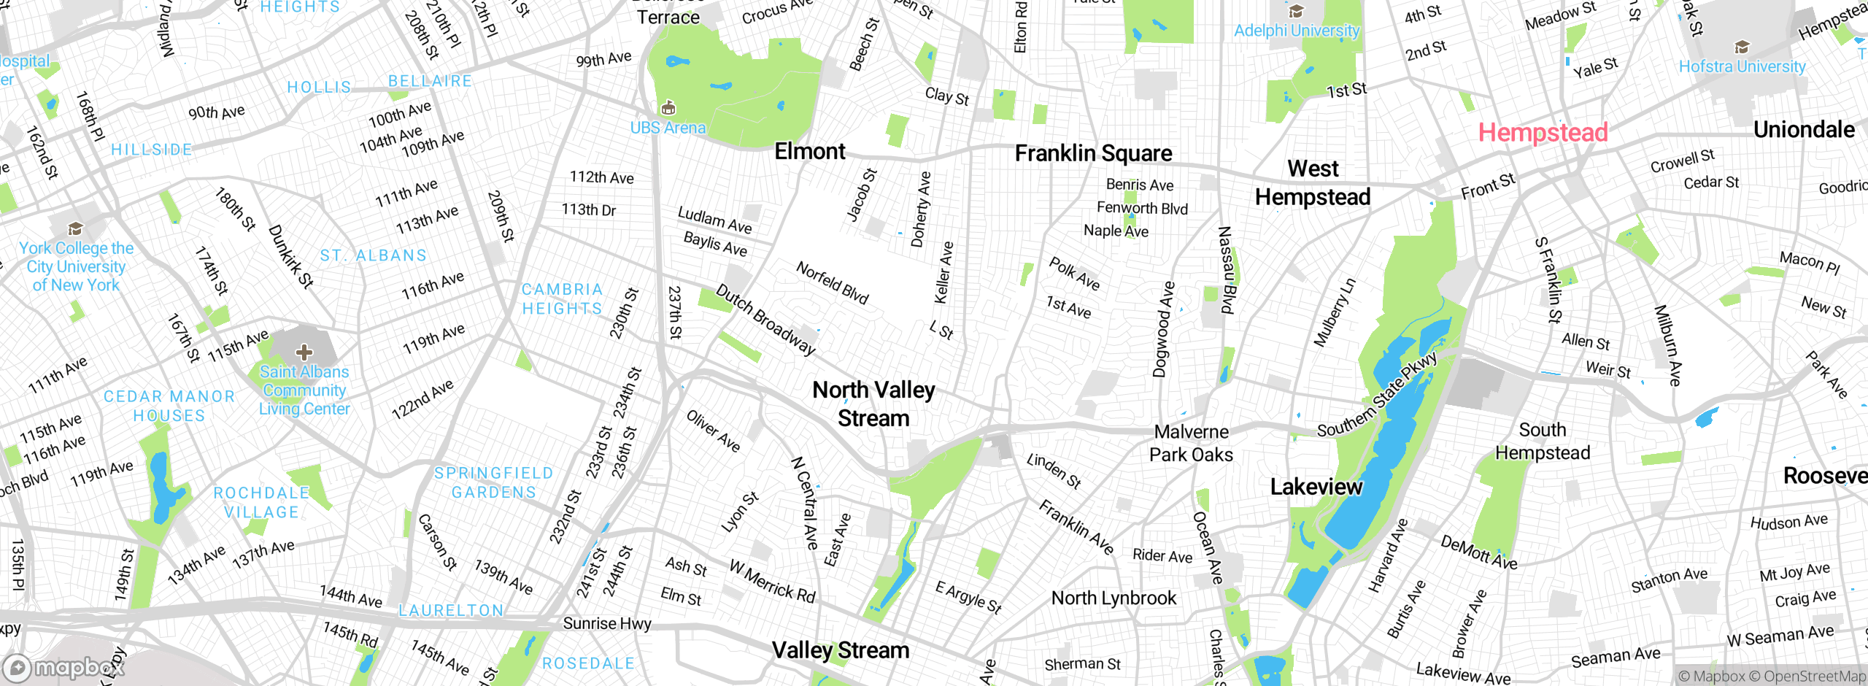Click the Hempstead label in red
coord(1543,133)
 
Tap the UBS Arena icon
coord(668,109)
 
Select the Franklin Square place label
coord(1093,153)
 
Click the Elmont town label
coord(809,151)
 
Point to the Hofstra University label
coord(1742,66)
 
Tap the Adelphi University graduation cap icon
coord(1296,12)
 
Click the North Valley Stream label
coord(873,404)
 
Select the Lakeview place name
coord(1316,487)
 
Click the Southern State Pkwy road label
coord(1376,395)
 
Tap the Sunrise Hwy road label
coord(606,623)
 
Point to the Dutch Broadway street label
coord(765,320)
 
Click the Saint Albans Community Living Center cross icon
coord(304,353)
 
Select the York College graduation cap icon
coord(75,229)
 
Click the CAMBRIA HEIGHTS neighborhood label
coord(562,299)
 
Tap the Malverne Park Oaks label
coord(1191,443)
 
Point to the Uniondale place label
coord(1803,130)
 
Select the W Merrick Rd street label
coord(772,582)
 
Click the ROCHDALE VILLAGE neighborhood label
coord(261,503)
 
